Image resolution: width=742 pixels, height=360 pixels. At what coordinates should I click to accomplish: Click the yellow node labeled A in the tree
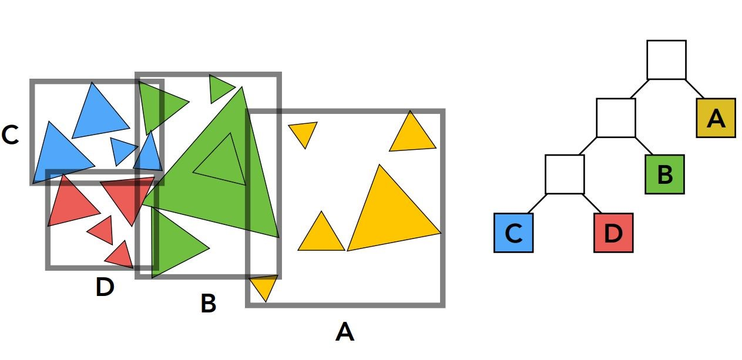point(716,118)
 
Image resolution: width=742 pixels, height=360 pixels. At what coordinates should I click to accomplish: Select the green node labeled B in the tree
point(664,174)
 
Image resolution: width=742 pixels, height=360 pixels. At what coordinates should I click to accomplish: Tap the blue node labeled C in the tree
point(513,233)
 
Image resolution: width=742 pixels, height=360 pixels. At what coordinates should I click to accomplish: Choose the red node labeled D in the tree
point(613,233)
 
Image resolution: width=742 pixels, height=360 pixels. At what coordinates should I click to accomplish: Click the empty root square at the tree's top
point(666,60)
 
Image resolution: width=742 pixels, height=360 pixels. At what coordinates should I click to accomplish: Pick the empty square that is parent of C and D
point(565,174)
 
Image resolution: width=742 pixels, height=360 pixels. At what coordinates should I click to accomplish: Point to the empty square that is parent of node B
point(616,118)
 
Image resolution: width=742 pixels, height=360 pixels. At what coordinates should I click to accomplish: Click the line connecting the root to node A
point(694,89)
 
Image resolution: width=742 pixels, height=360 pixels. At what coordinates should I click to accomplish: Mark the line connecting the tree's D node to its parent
point(595,204)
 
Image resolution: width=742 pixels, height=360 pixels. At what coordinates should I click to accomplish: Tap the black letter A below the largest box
point(345,332)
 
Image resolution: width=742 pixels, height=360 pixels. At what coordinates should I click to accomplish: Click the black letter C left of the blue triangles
point(11,136)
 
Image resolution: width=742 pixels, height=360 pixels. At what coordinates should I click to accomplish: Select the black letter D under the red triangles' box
point(104,288)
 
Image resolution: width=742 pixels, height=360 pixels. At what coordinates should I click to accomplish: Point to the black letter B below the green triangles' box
point(208,304)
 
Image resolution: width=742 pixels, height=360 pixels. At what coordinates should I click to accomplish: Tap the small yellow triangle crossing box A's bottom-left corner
point(264,287)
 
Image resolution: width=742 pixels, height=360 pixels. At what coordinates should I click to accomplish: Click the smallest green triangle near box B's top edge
point(220,88)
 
